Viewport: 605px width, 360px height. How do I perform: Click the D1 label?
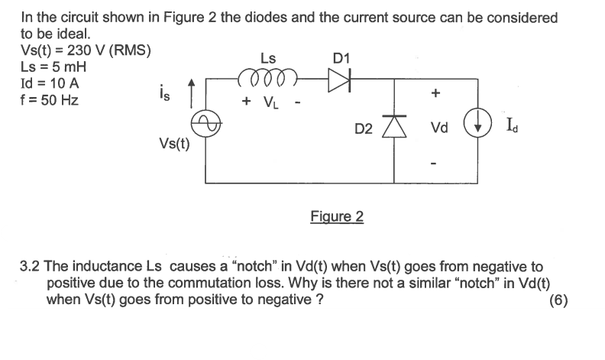click(x=341, y=57)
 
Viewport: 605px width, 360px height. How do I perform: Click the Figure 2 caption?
click(x=337, y=216)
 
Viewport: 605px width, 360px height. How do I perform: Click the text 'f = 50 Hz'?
click(x=49, y=99)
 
